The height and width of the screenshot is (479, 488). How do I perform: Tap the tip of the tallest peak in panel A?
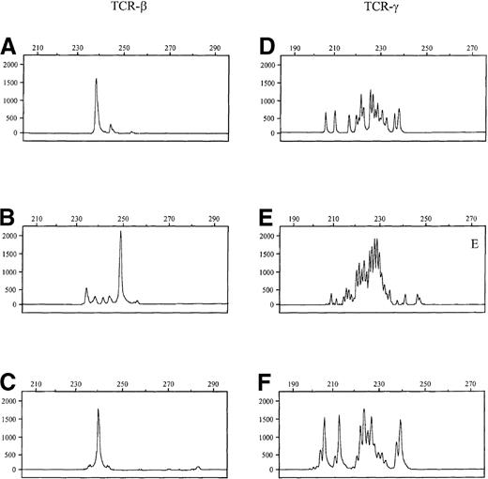click(x=96, y=79)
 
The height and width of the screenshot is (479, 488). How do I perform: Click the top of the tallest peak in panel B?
click(x=121, y=232)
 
